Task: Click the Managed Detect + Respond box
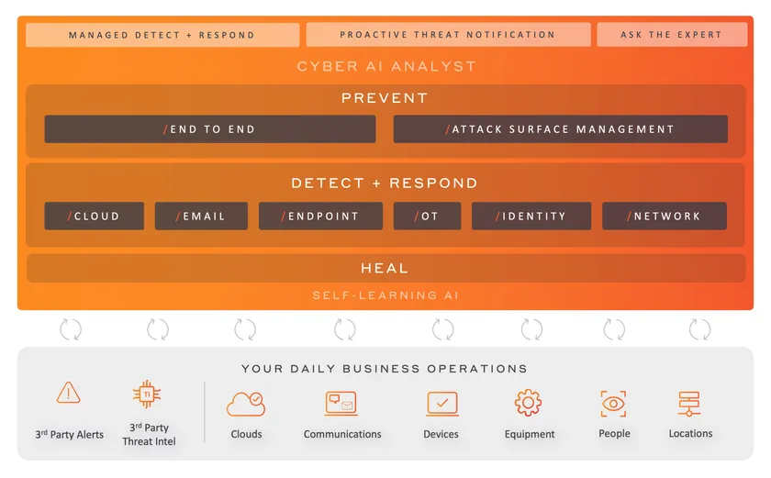pos(162,35)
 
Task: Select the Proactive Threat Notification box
pos(448,34)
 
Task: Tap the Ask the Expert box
pos(672,34)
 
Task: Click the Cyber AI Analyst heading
pos(386,66)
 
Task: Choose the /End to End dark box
pos(210,129)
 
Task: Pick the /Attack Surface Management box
pos(561,129)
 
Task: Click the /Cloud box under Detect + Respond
pos(94,216)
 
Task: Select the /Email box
pos(201,216)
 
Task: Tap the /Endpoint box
pos(320,216)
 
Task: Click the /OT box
pos(428,216)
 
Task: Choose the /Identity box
pos(531,216)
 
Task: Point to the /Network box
pos(665,216)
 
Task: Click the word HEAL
pos(385,268)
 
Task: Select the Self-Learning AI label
pos(386,295)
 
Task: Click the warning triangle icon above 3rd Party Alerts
pos(68,393)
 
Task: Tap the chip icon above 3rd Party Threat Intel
pos(147,394)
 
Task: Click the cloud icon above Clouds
pos(246,404)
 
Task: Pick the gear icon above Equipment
pos(528,403)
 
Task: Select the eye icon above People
pos(613,404)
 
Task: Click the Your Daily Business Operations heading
pos(385,369)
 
